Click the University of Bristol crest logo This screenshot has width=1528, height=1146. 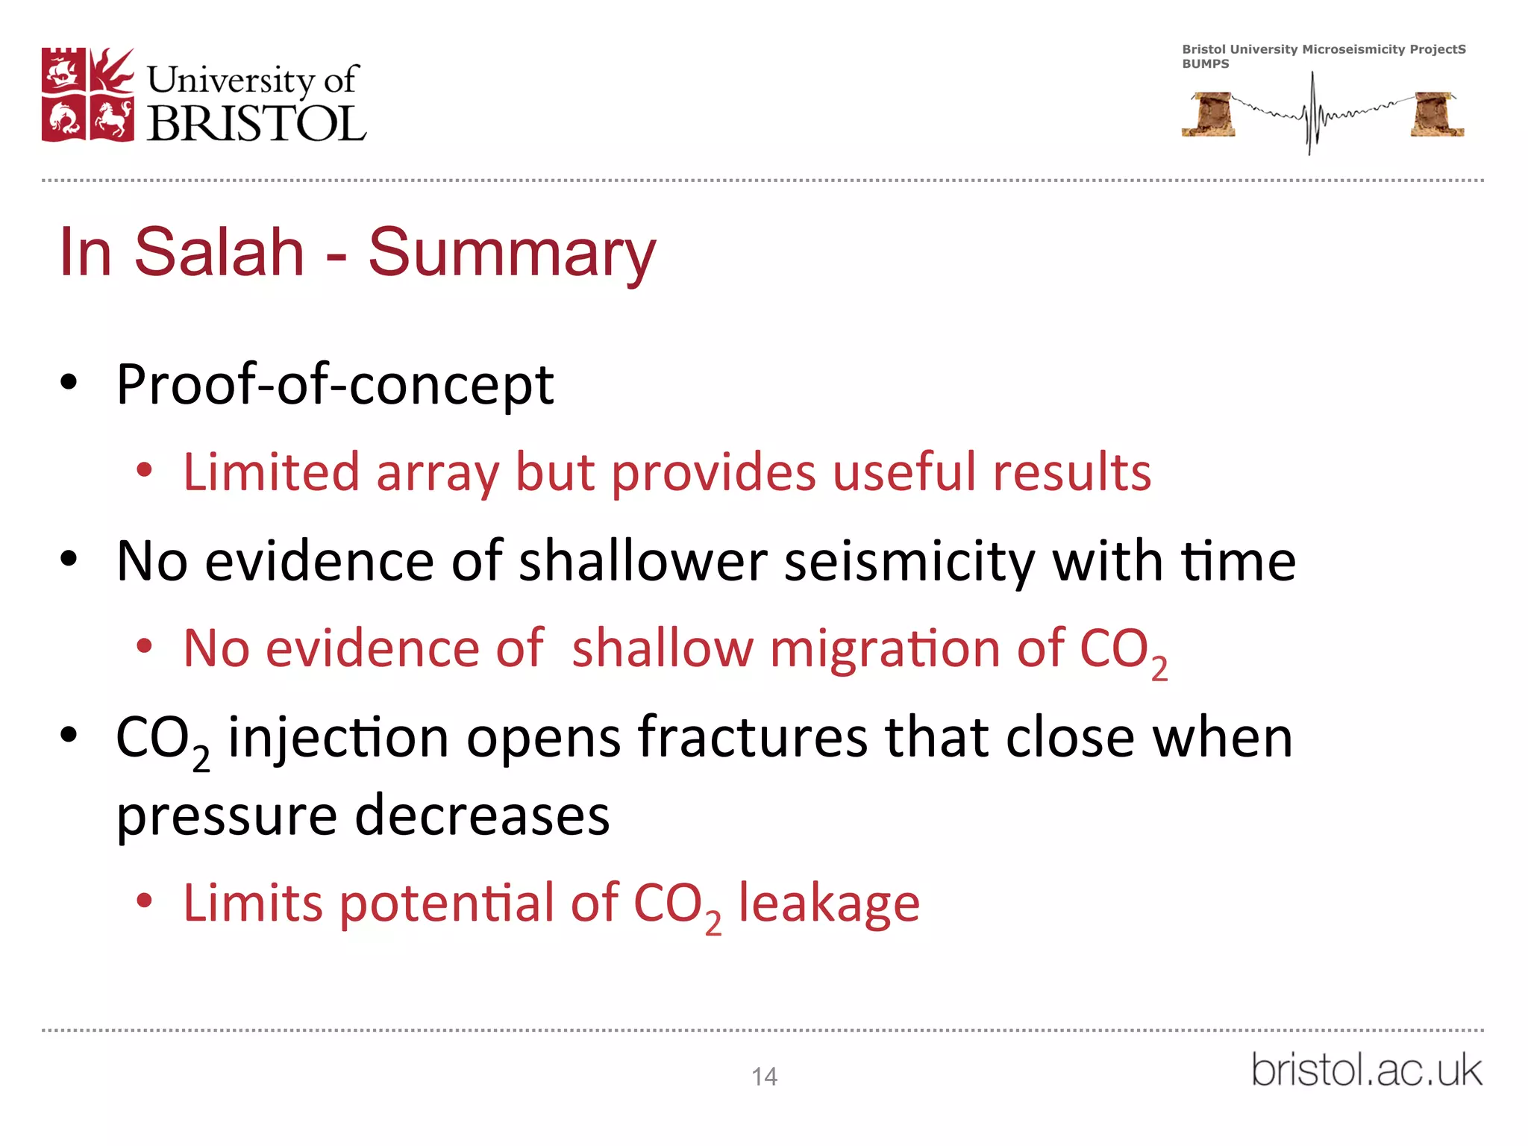(x=88, y=95)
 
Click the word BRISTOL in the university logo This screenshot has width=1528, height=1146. (x=257, y=123)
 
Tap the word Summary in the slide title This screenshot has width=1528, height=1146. (x=512, y=252)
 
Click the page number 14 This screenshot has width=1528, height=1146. (x=764, y=1077)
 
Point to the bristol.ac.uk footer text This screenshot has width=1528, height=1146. (x=1366, y=1070)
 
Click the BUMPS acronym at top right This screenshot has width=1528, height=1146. (x=1205, y=64)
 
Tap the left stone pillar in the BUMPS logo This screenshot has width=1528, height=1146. (x=1209, y=114)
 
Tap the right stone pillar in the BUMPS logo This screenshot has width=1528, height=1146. (x=1437, y=114)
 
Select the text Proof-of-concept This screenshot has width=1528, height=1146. (x=335, y=385)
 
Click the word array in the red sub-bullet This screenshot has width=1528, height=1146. (x=437, y=473)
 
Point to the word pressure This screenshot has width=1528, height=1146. (x=227, y=816)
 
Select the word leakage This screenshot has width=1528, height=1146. (x=829, y=903)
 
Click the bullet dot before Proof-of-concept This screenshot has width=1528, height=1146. (x=69, y=383)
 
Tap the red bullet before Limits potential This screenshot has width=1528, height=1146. (x=144, y=901)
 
